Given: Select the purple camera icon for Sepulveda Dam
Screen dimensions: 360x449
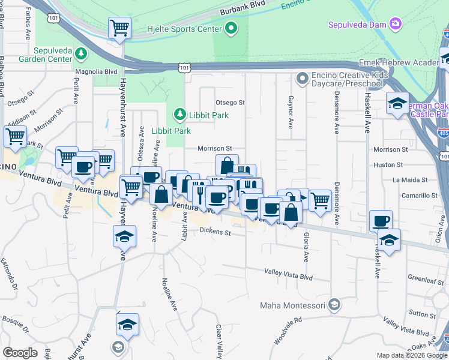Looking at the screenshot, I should click(x=395, y=24).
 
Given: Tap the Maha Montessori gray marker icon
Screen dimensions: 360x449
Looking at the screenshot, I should click(x=334, y=305).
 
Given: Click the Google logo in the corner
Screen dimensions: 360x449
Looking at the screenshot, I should click(x=20, y=353).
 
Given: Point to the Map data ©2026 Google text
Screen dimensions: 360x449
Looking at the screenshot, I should click(x=412, y=355).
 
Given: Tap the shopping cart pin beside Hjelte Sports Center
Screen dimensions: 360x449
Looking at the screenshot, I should click(x=119, y=28).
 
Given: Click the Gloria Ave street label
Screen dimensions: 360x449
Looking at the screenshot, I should click(x=306, y=247).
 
